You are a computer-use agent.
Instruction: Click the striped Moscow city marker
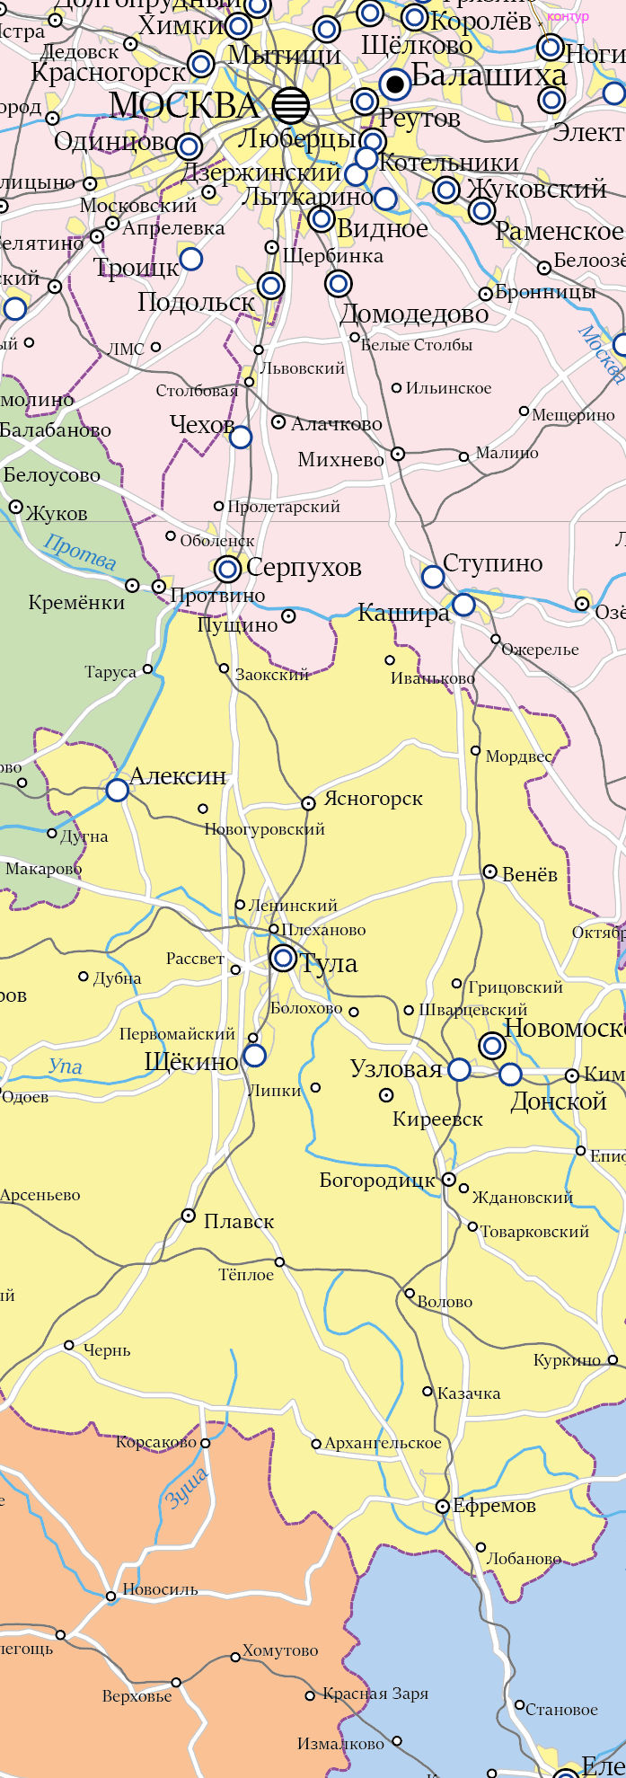pos(290,105)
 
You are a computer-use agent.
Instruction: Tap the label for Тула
pos(329,963)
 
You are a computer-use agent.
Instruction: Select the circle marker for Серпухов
pos(228,569)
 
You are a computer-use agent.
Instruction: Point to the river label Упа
pos(66,1066)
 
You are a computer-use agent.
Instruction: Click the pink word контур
pos(568,16)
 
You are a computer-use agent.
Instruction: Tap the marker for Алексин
pos(118,790)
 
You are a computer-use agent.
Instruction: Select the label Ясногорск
pos(373,798)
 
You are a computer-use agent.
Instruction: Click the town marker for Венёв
pos(490,871)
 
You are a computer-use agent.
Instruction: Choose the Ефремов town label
pos(494,1506)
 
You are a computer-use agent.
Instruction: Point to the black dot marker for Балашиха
pos(394,84)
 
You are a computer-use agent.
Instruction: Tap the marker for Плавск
pos(189,1216)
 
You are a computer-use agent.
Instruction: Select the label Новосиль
pos(160,1588)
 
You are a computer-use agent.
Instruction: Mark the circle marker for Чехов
pos(241,438)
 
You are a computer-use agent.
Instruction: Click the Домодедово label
pos(414,314)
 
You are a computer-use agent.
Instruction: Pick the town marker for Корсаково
pos(205,1443)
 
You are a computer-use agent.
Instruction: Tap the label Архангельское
pos(384,1443)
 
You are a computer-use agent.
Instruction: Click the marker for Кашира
pos(463,605)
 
